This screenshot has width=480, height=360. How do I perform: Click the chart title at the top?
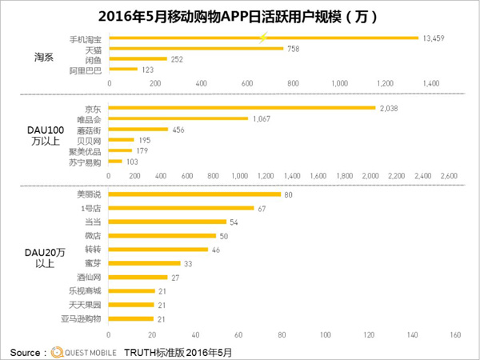[x=240, y=15]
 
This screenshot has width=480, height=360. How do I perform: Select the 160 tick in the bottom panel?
[x=456, y=334]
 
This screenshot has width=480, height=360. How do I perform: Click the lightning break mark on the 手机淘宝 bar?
[x=263, y=38]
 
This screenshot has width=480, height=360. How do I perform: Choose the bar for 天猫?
[x=196, y=48]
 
